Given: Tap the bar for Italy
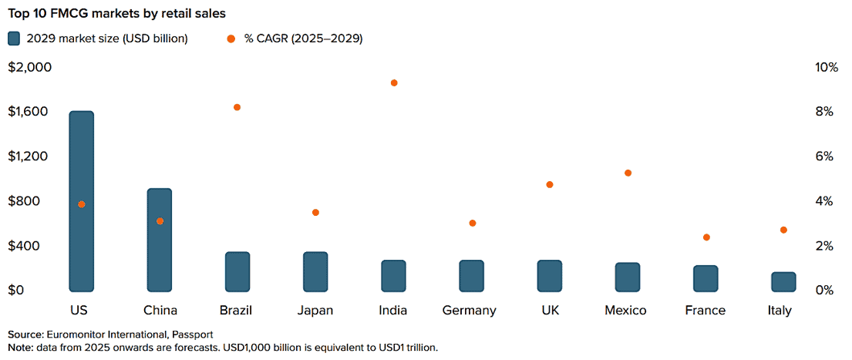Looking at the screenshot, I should tap(783, 281).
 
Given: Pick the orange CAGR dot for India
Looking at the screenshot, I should tap(394, 82).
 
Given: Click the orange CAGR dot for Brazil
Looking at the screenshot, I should tap(237, 107).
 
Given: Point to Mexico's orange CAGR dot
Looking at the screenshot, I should tap(628, 173).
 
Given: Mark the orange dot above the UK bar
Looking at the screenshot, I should tap(550, 185).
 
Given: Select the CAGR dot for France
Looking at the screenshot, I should tap(706, 237).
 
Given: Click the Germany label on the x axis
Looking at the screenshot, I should tap(469, 311).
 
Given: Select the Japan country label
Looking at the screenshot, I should tap(315, 311).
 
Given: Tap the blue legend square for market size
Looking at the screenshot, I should tap(14, 39).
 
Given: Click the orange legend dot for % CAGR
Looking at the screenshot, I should tap(231, 39).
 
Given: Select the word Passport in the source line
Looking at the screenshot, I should tap(192, 335).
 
